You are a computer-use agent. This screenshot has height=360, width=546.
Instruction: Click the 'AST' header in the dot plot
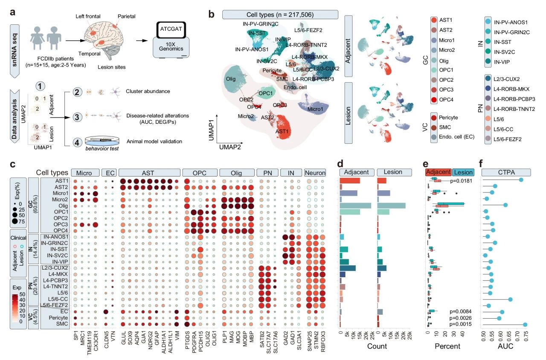point(149,173)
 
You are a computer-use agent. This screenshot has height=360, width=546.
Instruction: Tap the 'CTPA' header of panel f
point(505,173)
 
